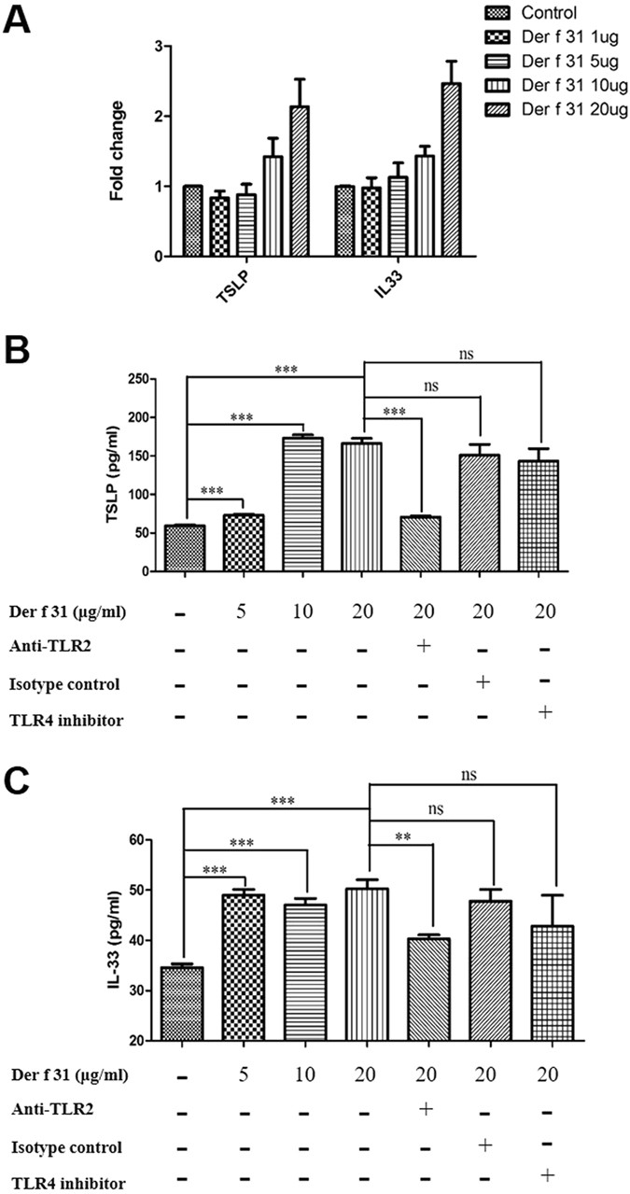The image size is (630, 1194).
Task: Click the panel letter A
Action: pyautogui.click(x=21, y=18)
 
